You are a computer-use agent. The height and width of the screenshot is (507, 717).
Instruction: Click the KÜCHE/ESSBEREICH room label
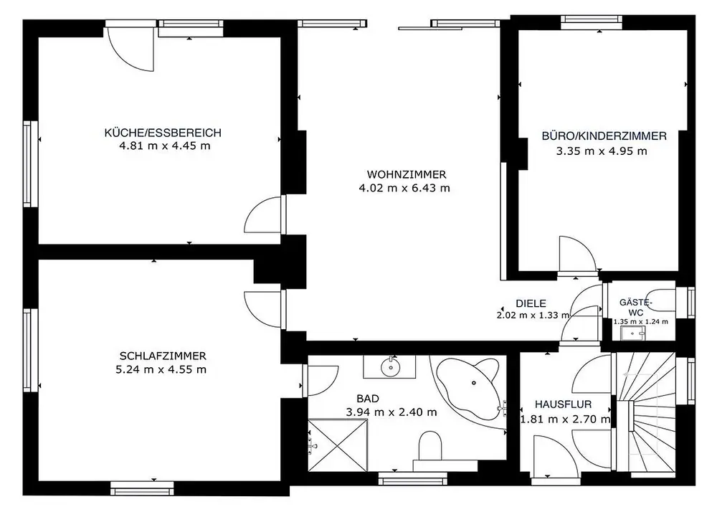tap(163, 133)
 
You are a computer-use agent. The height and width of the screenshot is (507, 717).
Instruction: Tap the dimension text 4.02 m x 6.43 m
tap(404, 188)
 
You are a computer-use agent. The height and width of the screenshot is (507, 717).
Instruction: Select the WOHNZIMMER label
tap(407, 175)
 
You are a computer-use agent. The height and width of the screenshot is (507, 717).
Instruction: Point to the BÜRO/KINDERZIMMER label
tap(604, 136)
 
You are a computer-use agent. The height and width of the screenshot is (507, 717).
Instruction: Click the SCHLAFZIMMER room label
tap(163, 356)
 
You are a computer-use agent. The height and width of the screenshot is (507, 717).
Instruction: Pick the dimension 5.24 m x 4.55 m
tap(161, 369)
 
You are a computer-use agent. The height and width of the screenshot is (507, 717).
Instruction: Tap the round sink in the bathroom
tap(390, 366)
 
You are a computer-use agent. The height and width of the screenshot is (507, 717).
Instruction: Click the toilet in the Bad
tap(430, 446)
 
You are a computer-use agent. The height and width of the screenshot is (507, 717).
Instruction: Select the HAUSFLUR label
tap(563, 404)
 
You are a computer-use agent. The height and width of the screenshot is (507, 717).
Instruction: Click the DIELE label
tap(531, 303)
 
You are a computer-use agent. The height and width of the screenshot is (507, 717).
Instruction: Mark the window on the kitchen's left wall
tap(30, 164)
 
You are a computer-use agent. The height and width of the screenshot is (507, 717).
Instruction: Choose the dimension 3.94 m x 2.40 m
tap(391, 412)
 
